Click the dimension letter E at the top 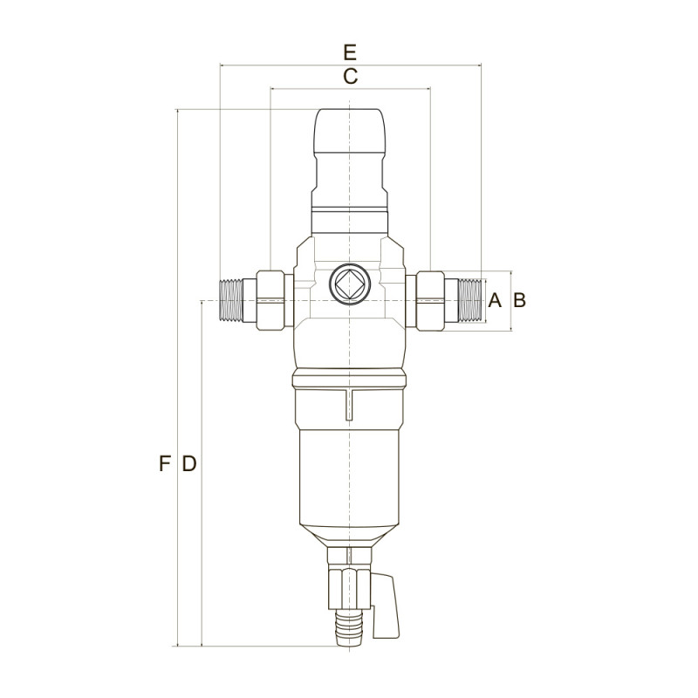[x=350, y=50]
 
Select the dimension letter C [x=350, y=76]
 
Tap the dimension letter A [x=494, y=301]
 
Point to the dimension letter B [x=519, y=301]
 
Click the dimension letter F [x=163, y=464]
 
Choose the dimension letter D [x=188, y=464]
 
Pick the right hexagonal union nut [x=431, y=300]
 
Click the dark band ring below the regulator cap [x=349, y=212]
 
